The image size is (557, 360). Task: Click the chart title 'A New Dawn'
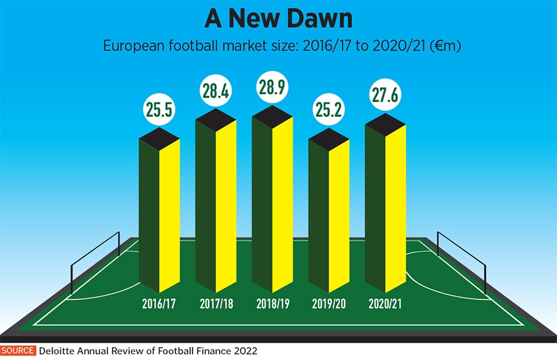278,18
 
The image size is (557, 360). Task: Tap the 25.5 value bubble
159,110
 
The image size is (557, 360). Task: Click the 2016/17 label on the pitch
159,304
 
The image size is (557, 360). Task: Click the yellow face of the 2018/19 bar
282,204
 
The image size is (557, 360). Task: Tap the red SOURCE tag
18,351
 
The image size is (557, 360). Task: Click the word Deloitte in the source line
59,351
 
